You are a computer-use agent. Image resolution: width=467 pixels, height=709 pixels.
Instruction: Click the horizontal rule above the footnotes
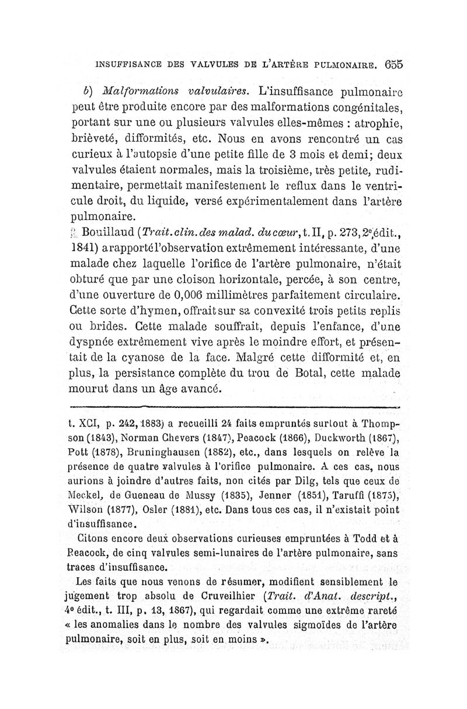pos(234,407)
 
